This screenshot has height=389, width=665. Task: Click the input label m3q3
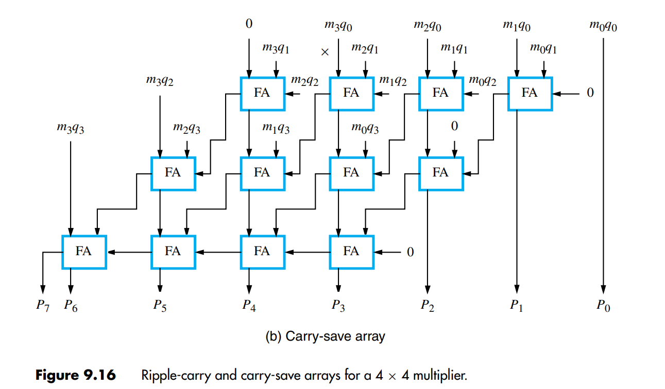pyautogui.click(x=71, y=128)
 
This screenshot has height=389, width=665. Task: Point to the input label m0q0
pyautogui.click(x=603, y=26)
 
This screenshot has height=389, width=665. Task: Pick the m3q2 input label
pyautogui.click(x=160, y=81)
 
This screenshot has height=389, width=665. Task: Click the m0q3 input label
pyautogui.click(x=365, y=128)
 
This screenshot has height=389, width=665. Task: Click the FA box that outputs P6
pyautogui.click(x=84, y=252)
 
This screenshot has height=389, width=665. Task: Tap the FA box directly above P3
pyautogui.click(x=351, y=252)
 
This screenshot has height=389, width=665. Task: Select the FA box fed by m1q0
pyautogui.click(x=530, y=93)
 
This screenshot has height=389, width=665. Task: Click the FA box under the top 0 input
pyautogui.click(x=262, y=93)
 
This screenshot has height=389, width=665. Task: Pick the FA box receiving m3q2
pyautogui.click(x=173, y=172)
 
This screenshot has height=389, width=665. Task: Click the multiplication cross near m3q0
pyautogui.click(x=325, y=52)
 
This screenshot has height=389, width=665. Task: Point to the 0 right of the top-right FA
pyautogui.click(x=590, y=93)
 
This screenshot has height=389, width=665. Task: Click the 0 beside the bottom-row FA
pyautogui.click(x=411, y=252)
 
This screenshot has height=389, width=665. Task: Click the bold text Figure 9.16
pyautogui.click(x=75, y=375)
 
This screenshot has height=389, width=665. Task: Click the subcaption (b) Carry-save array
pyautogui.click(x=325, y=337)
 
